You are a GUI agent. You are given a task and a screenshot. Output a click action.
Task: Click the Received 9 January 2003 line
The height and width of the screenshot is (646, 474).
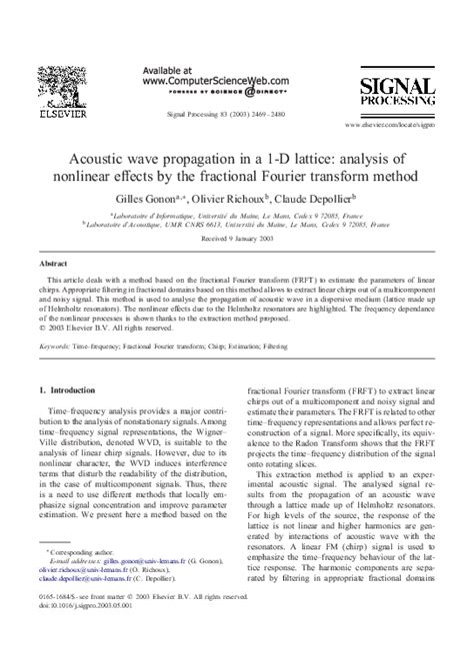coord(236,240)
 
